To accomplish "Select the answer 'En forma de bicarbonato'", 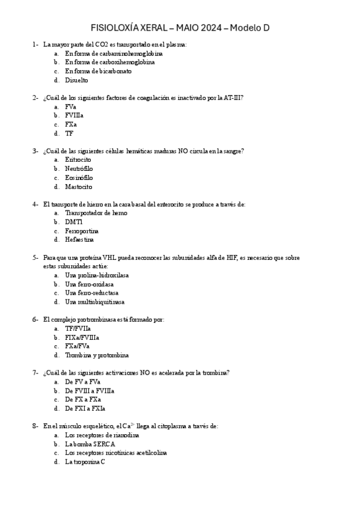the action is (x=98, y=71).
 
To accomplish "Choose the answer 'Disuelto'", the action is (x=76, y=80).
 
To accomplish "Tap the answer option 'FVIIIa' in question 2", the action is (x=74, y=115).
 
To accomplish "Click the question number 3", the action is (x=35, y=151).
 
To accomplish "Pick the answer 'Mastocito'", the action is (x=79, y=186).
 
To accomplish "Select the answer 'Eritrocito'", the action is (x=78, y=160).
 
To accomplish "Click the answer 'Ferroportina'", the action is (x=82, y=231).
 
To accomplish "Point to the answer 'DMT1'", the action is (x=74, y=222).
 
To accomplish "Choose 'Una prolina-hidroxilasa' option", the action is (x=97, y=275).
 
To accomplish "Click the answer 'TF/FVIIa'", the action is (x=78, y=328).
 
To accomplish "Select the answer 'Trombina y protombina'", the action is (x=97, y=355).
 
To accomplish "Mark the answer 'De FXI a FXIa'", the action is (x=85, y=408).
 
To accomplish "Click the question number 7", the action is (x=35, y=373).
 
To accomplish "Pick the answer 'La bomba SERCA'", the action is (x=90, y=444).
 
